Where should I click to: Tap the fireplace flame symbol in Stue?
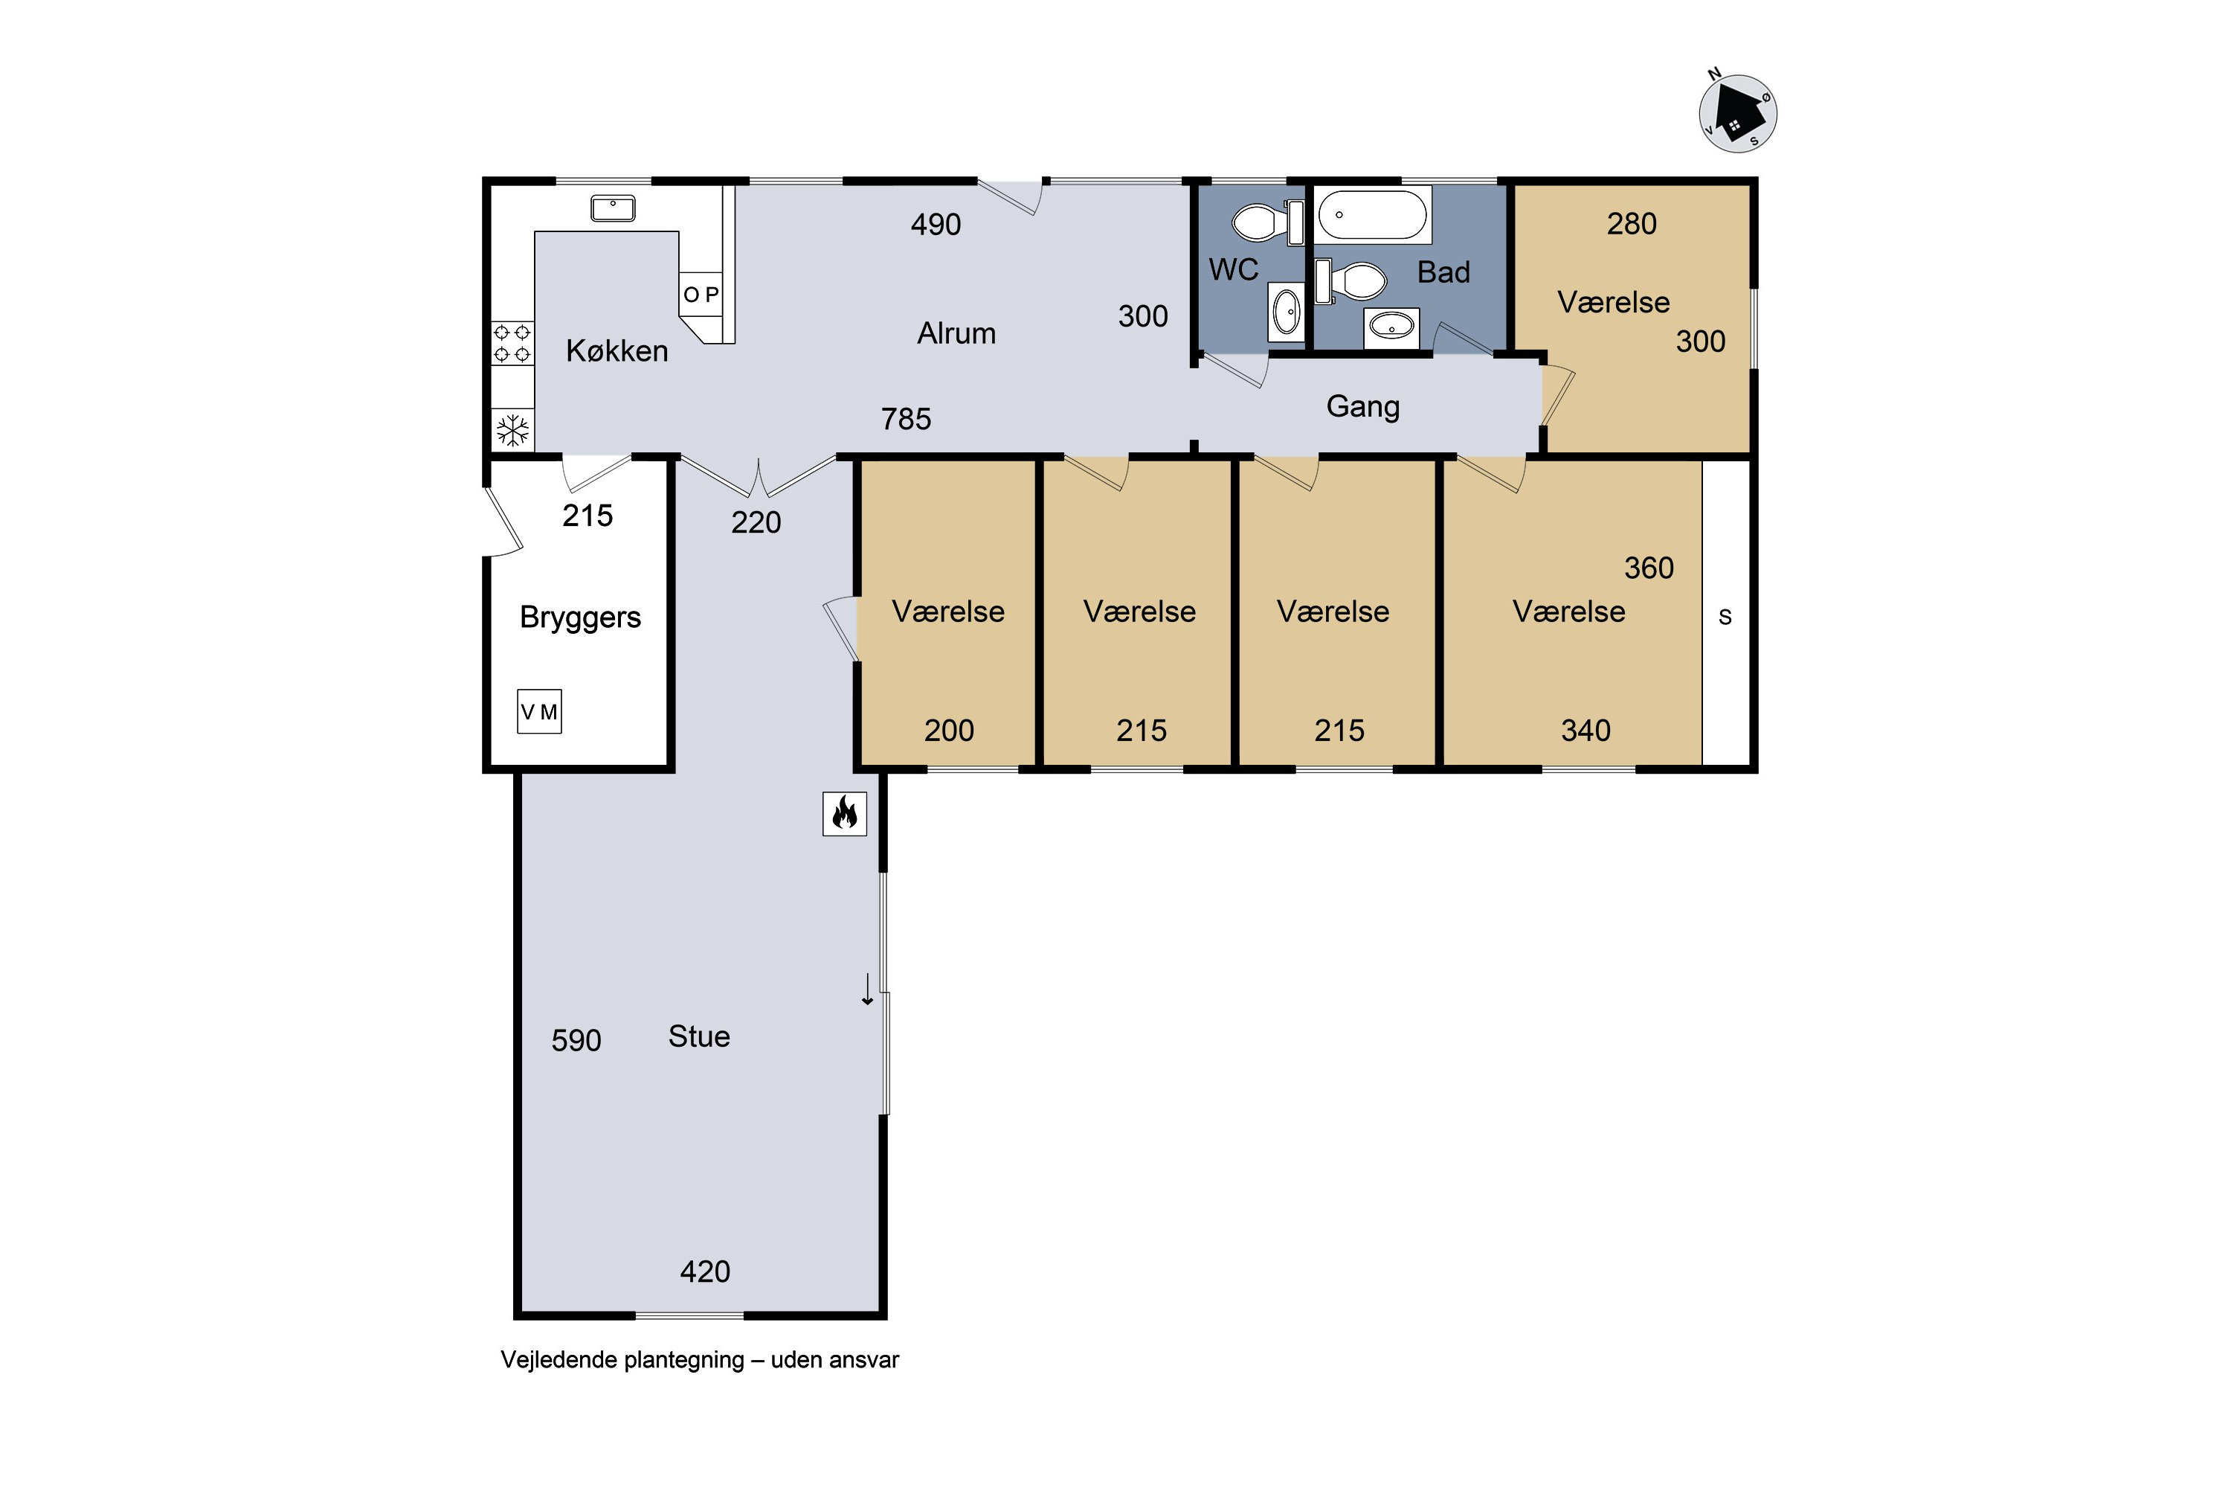coord(844,813)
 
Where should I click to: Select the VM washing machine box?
coord(538,711)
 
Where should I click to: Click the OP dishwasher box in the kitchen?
coord(701,294)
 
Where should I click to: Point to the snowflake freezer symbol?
coord(513,431)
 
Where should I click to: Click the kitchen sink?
coord(613,208)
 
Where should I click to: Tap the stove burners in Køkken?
coord(512,344)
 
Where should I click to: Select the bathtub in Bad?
coord(1374,214)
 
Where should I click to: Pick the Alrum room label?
coord(956,333)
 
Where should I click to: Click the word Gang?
coord(1363,407)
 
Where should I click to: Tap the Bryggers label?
coord(581,618)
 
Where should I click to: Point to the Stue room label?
coord(699,1036)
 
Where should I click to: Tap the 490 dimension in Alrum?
coord(936,224)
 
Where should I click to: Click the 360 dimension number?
coord(1649,568)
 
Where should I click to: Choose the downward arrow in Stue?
coord(867,989)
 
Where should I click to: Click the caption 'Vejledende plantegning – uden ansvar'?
coord(700,1360)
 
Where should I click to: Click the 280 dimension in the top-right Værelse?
coord(1632,223)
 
